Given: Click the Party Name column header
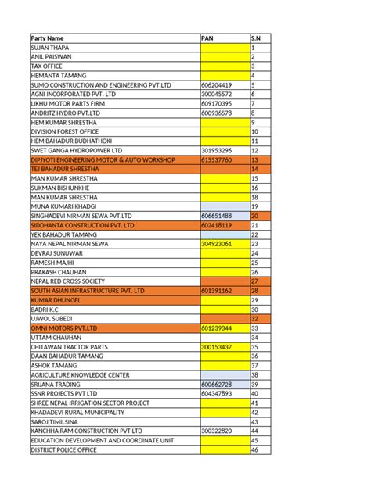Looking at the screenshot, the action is point(48,38).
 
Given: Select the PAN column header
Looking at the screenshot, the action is point(207,38).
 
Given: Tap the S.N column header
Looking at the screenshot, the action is point(256,38).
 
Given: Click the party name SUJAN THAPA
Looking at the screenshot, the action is point(49,48).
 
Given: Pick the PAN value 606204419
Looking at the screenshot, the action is point(216,84).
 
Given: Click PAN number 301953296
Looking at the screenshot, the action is point(216,150).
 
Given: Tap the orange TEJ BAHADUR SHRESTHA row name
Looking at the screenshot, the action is point(64,169).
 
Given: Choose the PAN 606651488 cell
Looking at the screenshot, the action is point(216,216).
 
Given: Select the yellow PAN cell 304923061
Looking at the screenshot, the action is point(216,244).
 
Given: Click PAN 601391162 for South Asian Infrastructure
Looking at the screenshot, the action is point(216,291).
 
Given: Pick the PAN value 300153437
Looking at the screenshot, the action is point(216,347).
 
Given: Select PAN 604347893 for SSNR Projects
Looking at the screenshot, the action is point(216,394).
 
